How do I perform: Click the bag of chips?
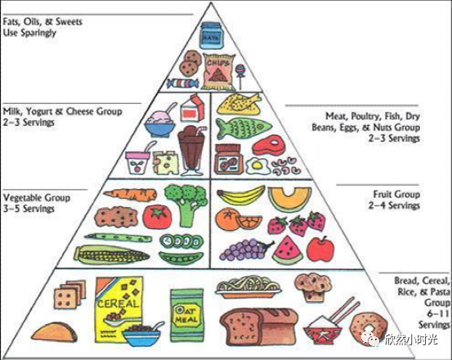click(217, 71)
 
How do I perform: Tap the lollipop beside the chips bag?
click(240, 75)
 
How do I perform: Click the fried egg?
click(257, 166)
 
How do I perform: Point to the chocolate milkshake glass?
click(191, 151)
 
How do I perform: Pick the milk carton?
click(192, 108)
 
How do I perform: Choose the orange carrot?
click(130, 195)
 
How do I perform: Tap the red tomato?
click(157, 217)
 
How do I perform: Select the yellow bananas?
click(241, 196)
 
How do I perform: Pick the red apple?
click(320, 249)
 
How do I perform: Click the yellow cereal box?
click(119, 309)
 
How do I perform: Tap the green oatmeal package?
click(187, 315)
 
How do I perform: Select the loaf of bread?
click(258, 326)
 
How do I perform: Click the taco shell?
click(54, 331)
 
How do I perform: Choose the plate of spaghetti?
click(248, 286)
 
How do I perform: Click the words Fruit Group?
click(396, 195)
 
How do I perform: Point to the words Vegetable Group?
click(37, 198)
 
